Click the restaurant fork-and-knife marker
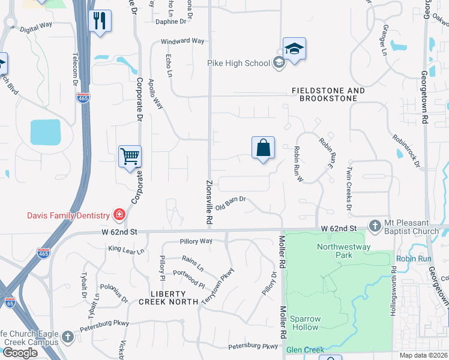[x=100, y=22]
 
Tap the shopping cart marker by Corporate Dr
[x=130, y=157]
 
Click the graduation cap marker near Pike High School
[x=295, y=49]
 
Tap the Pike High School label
[x=238, y=63]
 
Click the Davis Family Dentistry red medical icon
[x=119, y=215]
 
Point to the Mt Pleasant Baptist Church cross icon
[x=375, y=226]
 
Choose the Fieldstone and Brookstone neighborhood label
[x=328, y=94]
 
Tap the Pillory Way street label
[x=196, y=241]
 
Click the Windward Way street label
[x=182, y=41]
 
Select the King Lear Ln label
[x=127, y=249]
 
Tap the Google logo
[x=19, y=352]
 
